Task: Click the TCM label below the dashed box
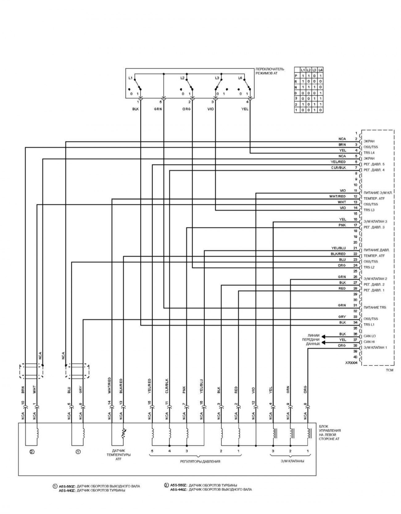click(390, 370)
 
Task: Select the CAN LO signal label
click(370, 336)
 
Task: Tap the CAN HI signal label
click(369, 342)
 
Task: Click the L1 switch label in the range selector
click(130, 78)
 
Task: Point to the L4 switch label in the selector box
click(240, 78)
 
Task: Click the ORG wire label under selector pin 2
click(186, 109)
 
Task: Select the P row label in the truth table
click(296, 76)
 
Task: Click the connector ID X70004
click(351, 363)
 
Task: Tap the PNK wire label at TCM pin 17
click(342, 225)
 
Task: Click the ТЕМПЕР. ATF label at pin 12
click(374, 199)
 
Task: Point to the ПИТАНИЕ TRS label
click(375, 307)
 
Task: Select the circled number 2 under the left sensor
click(31, 452)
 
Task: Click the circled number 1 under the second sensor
click(78, 452)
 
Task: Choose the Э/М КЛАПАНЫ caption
click(292, 461)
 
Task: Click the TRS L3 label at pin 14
click(369, 210)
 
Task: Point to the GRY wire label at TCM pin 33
click(342, 317)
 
